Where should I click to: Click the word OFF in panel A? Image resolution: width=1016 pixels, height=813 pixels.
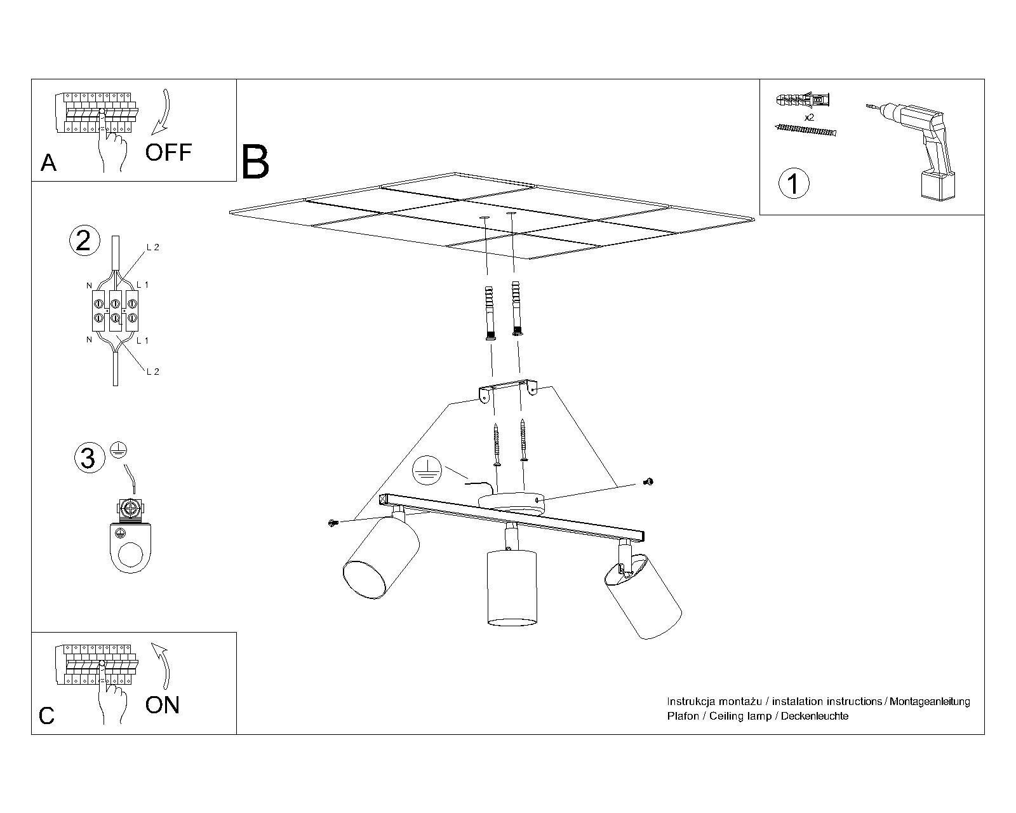click(x=168, y=152)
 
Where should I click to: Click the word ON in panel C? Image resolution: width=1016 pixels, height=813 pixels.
click(x=163, y=705)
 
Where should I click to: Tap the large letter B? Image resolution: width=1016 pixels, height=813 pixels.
click(x=255, y=161)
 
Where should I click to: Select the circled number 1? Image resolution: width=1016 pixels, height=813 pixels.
click(x=794, y=184)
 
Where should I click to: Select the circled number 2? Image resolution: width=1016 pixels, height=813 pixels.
click(x=84, y=241)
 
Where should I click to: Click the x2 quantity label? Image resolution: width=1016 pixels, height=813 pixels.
click(x=809, y=118)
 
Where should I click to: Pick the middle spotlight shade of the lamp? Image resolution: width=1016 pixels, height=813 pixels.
click(x=512, y=588)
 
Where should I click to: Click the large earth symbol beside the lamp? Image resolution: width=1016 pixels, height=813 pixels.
click(x=427, y=471)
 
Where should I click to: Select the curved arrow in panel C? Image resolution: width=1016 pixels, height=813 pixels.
click(x=161, y=666)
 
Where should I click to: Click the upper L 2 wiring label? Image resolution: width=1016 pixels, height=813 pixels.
click(x=153, y=247)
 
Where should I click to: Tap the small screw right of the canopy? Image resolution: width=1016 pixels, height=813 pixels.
click(x=649, y=482)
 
